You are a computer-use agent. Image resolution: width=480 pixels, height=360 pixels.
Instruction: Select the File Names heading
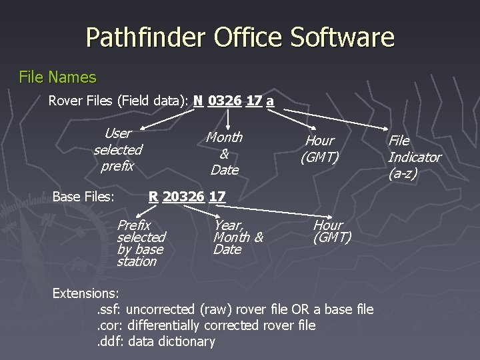point(57,77)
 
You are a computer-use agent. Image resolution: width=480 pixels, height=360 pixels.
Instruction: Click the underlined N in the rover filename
point(198,101)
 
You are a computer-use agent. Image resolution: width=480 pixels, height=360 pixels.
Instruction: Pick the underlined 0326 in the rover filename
point(224,101)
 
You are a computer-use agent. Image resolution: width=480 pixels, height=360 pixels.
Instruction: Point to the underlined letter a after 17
point(269,101)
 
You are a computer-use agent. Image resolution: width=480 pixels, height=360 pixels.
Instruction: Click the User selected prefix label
point(117,149)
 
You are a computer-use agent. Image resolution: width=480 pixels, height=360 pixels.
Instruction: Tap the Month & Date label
point(224,153)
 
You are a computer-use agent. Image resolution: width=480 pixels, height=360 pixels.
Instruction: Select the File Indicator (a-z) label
point(414,157)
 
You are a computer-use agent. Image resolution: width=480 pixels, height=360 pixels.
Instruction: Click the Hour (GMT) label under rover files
point(319,149)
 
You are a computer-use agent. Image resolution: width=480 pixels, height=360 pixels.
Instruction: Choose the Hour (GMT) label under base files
point(331,231)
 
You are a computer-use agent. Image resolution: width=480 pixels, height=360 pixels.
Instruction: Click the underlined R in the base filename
point(153,197)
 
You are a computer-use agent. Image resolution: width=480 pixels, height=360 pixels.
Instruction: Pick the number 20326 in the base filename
point(183,197)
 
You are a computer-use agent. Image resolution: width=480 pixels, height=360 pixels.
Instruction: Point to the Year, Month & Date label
point(238,237)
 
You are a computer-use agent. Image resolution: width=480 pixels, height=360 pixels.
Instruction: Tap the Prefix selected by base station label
point(141,243)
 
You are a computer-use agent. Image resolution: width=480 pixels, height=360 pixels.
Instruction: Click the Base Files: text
point(83,197)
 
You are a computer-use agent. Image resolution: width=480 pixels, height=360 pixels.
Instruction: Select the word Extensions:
point(85,293)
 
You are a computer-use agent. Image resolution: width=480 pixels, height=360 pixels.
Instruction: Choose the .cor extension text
point(109,325)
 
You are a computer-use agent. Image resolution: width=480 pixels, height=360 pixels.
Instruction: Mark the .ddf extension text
point(110,342)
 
